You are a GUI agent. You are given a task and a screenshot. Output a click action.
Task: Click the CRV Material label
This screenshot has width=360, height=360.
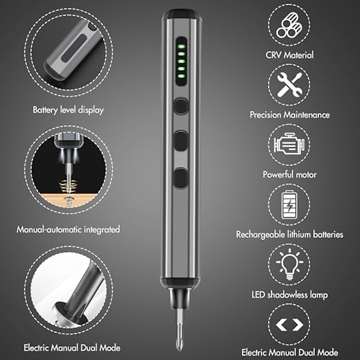[x=289, y=55]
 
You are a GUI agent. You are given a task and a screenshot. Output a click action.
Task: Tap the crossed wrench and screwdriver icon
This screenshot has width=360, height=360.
[x=289, y=85]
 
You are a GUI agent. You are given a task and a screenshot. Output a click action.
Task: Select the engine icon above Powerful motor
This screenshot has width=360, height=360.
[x=289, y=145]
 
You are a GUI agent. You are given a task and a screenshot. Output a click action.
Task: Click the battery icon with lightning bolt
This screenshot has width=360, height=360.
[x=289, y=205]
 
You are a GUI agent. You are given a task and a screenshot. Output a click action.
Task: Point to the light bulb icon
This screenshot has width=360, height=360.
[x=289, y=264]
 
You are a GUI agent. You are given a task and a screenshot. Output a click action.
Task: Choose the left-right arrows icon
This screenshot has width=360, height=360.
[x=289, y=325]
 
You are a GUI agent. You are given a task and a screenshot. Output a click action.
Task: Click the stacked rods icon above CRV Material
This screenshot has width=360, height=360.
[x=289, y=25]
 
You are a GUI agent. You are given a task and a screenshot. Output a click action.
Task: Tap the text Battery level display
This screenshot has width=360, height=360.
[x=68, y=110]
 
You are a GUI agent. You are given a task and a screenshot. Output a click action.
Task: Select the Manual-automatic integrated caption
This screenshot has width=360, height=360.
[x=68, y=229]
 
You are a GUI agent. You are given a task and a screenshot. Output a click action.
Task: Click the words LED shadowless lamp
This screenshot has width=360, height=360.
[x=289, y=295]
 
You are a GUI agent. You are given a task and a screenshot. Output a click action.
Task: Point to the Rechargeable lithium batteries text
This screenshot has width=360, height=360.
[x=289, y=234]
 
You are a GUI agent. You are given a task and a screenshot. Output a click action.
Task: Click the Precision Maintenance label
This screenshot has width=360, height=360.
[x=289, y=115]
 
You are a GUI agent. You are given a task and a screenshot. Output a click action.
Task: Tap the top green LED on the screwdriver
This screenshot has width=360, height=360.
[x=181, y=46]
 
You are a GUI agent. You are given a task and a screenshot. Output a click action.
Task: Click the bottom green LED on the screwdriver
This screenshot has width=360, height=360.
[x=181, y=76]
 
